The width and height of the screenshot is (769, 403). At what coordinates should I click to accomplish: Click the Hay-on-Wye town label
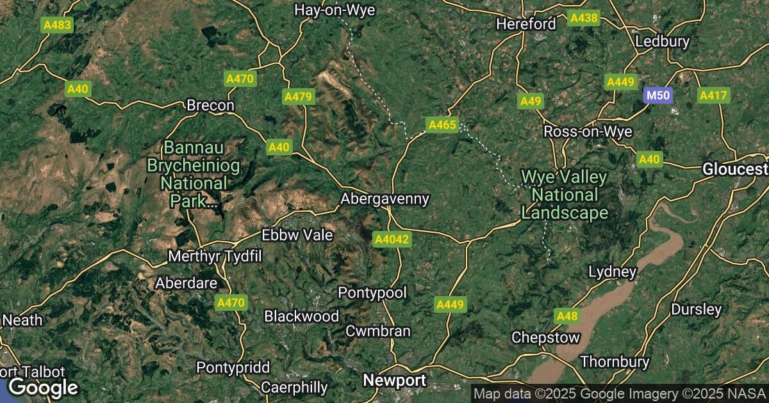334,10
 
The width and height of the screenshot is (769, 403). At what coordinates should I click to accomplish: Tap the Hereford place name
526,24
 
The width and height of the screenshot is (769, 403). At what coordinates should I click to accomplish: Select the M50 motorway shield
657,96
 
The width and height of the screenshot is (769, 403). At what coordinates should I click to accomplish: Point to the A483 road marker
57,26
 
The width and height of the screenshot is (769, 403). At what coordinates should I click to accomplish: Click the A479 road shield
298,97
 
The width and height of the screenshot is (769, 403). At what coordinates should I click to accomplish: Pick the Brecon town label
210,106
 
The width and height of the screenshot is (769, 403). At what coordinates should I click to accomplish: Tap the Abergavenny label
384,199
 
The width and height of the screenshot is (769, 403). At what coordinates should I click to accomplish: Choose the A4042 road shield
392,239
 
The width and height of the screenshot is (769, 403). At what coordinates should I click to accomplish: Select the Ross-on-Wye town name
588,132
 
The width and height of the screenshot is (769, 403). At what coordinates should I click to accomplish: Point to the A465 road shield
442,125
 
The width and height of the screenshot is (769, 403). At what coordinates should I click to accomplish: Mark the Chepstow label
545,337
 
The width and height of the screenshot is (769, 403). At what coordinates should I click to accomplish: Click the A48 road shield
568,315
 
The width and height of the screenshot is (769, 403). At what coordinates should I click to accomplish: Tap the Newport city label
394,380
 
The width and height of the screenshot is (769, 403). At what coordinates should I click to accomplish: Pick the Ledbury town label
662,42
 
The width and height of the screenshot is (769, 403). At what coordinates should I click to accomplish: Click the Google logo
43,386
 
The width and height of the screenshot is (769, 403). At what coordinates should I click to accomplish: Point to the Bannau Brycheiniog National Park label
194,175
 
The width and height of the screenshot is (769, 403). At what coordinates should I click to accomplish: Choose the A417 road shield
713,96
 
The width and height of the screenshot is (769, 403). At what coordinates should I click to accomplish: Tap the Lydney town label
613,273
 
